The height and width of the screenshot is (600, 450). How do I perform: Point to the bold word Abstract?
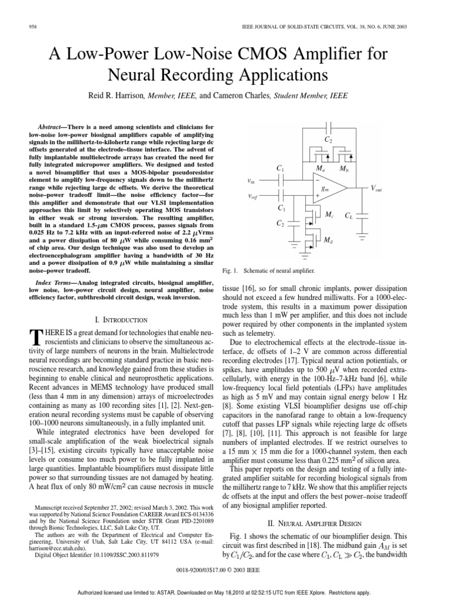[49, 127]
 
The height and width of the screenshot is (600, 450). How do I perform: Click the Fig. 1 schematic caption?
[269, 271]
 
